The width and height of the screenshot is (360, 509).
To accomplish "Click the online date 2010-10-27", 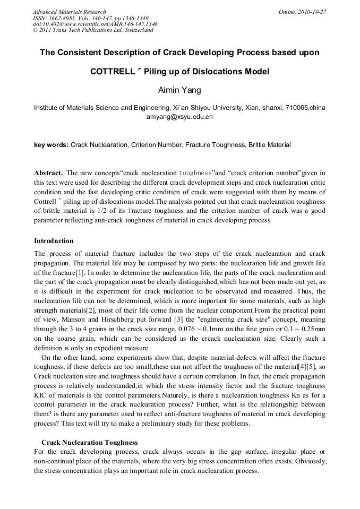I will [x=314, y=12].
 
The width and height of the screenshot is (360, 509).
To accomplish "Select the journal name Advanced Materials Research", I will [x=70, y=12].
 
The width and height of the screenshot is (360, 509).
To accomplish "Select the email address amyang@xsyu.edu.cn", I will [x=179, y=117].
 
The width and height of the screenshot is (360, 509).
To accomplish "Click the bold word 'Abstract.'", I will [x=49, y=173].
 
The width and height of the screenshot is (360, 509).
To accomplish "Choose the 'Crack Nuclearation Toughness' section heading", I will [x=90, y=442].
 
